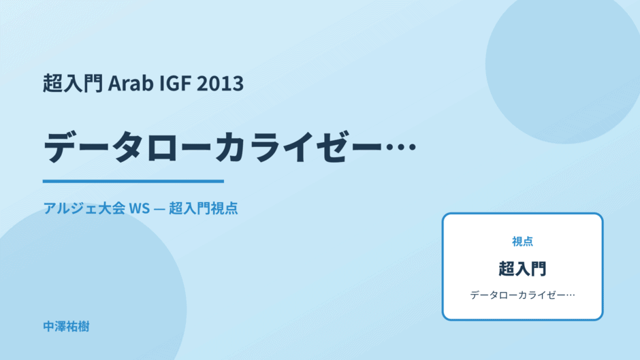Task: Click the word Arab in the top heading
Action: coord(131,83)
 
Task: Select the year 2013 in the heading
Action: coord(220,83)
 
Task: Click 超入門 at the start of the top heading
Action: coord(73,83)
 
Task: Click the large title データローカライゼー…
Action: coord(230,147)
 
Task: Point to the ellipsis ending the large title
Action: coord(401,147)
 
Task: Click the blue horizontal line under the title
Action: coord(133,181)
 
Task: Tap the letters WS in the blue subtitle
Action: coord(139,208)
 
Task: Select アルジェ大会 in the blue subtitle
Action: coord(84,208)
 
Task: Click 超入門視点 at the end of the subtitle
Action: coord(204,208)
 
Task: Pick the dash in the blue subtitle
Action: coord(159,208)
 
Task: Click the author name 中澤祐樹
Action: coord(66,327)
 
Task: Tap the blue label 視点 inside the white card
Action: coord(522,242)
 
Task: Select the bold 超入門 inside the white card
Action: coord(522,269)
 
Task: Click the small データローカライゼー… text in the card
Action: coord(522,295)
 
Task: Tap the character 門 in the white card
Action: coord(539,269)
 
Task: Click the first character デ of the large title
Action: coord(61,147)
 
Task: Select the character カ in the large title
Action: coord(231,147)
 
